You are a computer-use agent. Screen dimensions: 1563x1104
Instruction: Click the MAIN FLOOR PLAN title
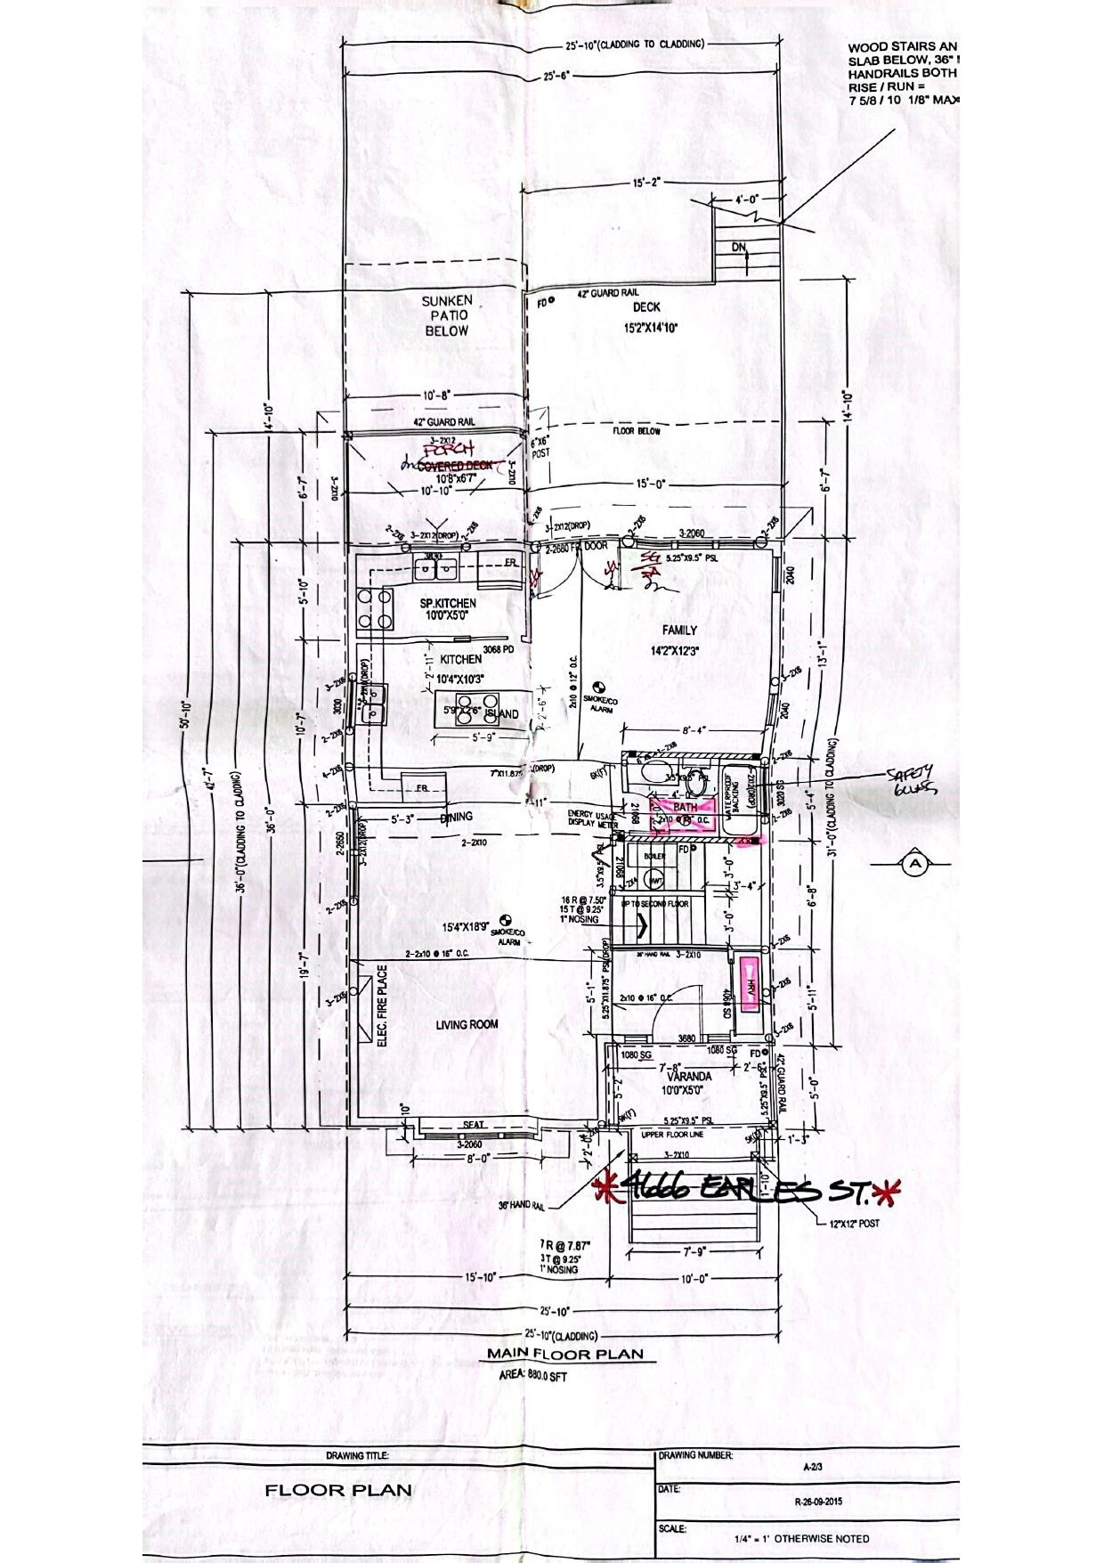(x=564, y=1355)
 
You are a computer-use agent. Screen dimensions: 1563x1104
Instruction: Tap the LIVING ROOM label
(x=467, y=1025)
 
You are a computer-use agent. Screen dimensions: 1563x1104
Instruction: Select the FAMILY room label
(x=679, y=631)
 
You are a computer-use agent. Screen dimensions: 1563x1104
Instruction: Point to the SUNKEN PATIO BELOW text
(x=447, y=315)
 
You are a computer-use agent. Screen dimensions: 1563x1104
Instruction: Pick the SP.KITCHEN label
(x=448, y=604)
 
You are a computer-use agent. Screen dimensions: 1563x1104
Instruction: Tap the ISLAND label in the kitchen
(x=504, y=714)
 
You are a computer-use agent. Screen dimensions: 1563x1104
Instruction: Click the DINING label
(x=455, y=817)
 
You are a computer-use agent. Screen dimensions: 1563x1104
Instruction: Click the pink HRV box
(x=751, y=988)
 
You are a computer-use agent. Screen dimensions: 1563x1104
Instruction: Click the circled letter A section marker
(x=914, y=863)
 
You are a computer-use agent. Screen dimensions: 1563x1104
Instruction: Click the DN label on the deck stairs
(x=738, y=248)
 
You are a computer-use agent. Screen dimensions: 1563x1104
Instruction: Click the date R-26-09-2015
(x=818, y=1501)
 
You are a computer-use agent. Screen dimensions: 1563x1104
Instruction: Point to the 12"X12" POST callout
(x=853, y=1224)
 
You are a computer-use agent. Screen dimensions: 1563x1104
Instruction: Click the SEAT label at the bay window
(x=473, y=1125)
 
